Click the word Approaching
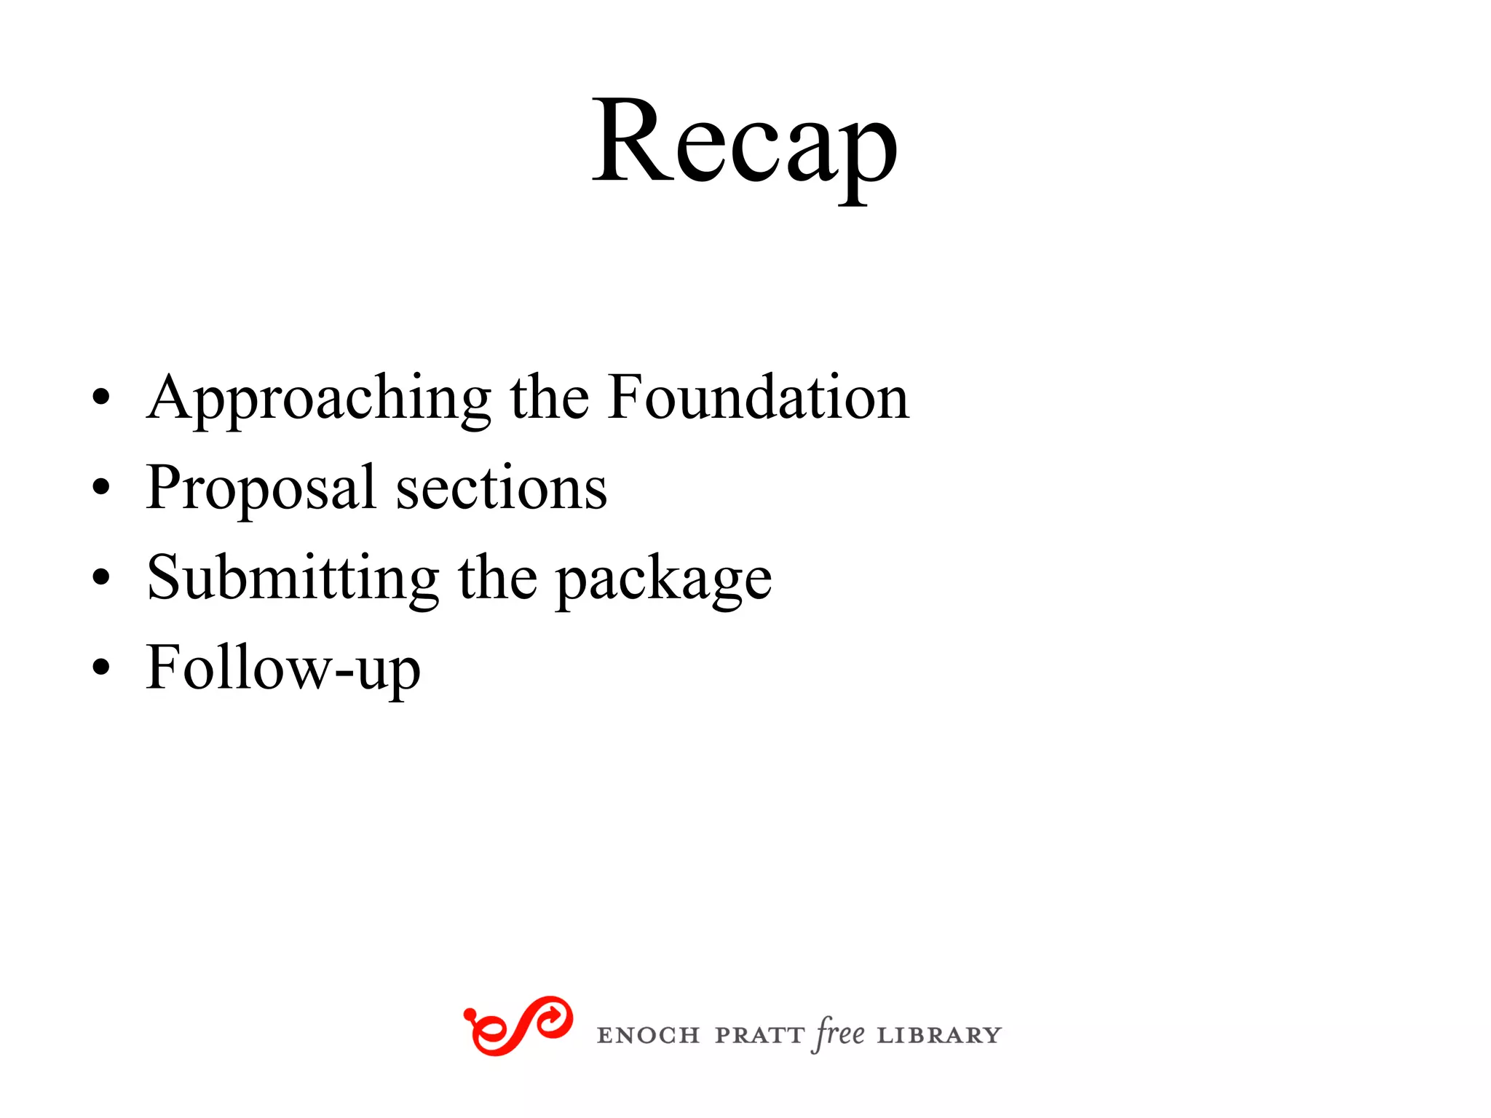[319, 398]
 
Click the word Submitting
[293, 578]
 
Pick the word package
[663, 581]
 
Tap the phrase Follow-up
[283, 668]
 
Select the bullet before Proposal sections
[101, 488]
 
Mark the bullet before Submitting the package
[101, 578]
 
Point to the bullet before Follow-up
[101, 667]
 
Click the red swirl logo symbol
[518, 1026]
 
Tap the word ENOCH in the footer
[648, 1035]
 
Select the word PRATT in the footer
[759, 1035]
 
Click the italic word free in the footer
[840, 1034]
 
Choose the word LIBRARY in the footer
[939, 1035]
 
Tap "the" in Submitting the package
[497, 578]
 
